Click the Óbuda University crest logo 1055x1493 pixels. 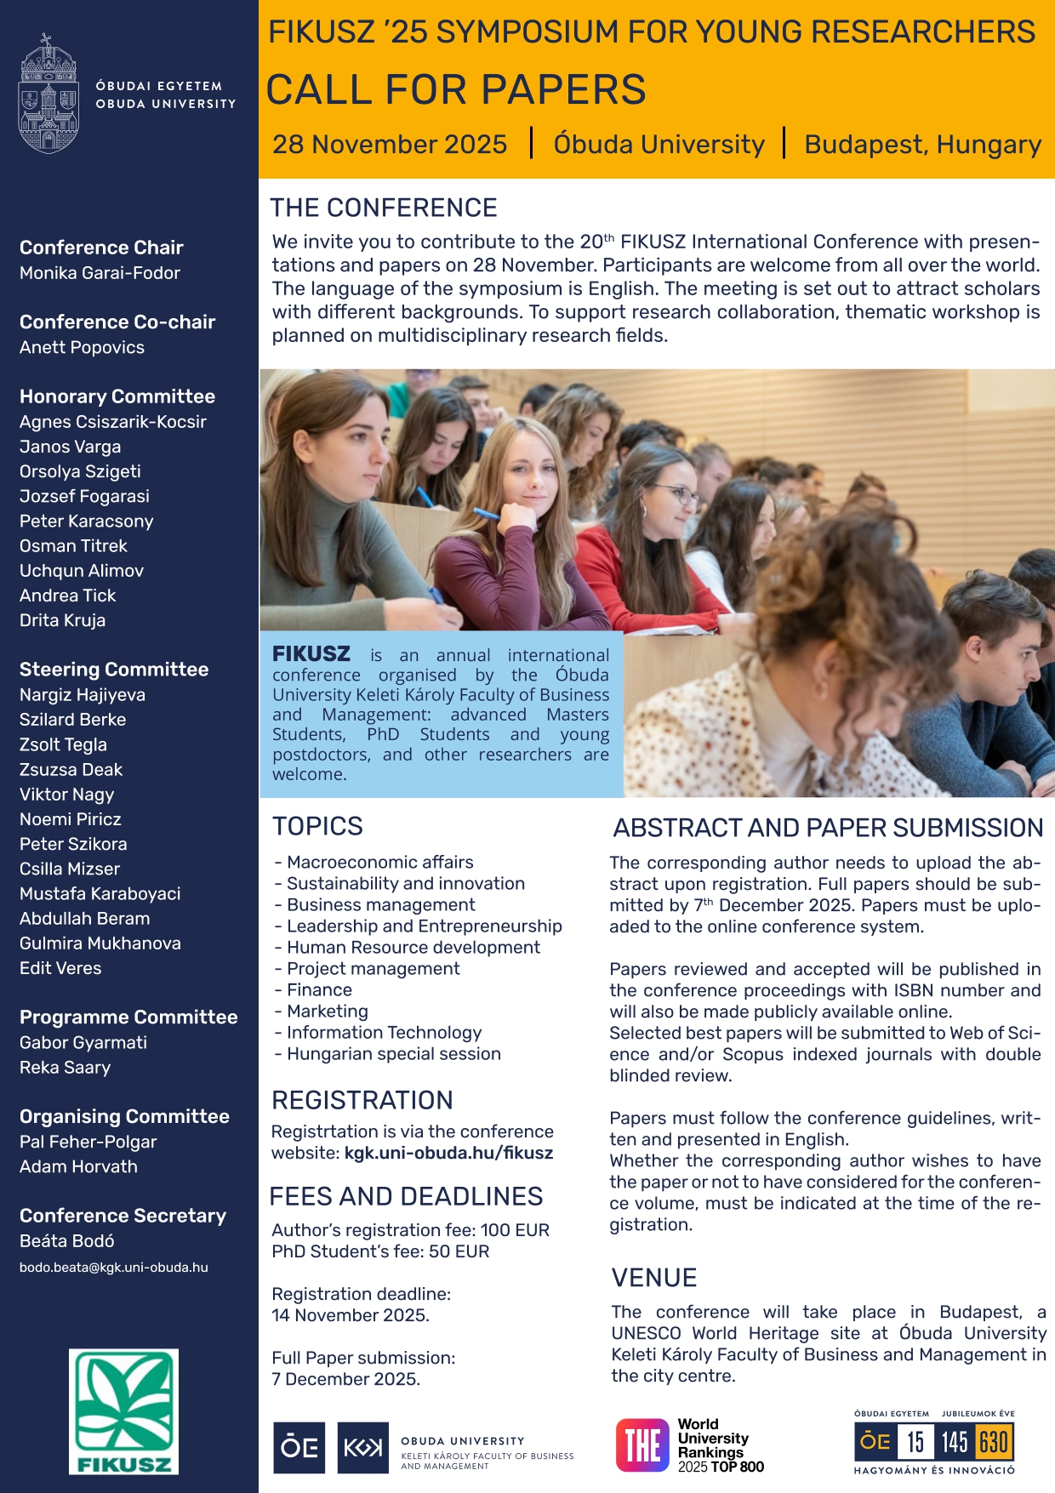pos(48,94)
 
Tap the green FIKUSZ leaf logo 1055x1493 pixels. pos(123,1410)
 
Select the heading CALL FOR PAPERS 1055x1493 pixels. pos(456,89)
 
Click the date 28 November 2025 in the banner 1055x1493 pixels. pos(390,145)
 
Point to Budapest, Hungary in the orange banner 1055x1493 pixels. pos(922,145)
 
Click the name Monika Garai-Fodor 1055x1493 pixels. pos(100,273)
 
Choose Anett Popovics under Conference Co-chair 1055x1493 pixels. pos(82,347)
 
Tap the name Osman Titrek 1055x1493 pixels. pos(73,546)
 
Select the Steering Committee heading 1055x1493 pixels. pos(114,670)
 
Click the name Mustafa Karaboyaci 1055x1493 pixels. pos(100,894)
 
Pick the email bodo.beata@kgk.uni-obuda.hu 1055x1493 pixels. pos(114,1268)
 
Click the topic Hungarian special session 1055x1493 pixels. pos(393,1054)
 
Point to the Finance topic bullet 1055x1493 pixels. pos(319,990)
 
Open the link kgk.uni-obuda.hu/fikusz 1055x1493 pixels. pos(448,1154)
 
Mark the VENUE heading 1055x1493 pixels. pos(654,1278)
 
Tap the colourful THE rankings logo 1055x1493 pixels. pos(642,1445)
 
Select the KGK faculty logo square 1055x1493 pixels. pos(362,1447)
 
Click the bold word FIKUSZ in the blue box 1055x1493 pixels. pos(311,654)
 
